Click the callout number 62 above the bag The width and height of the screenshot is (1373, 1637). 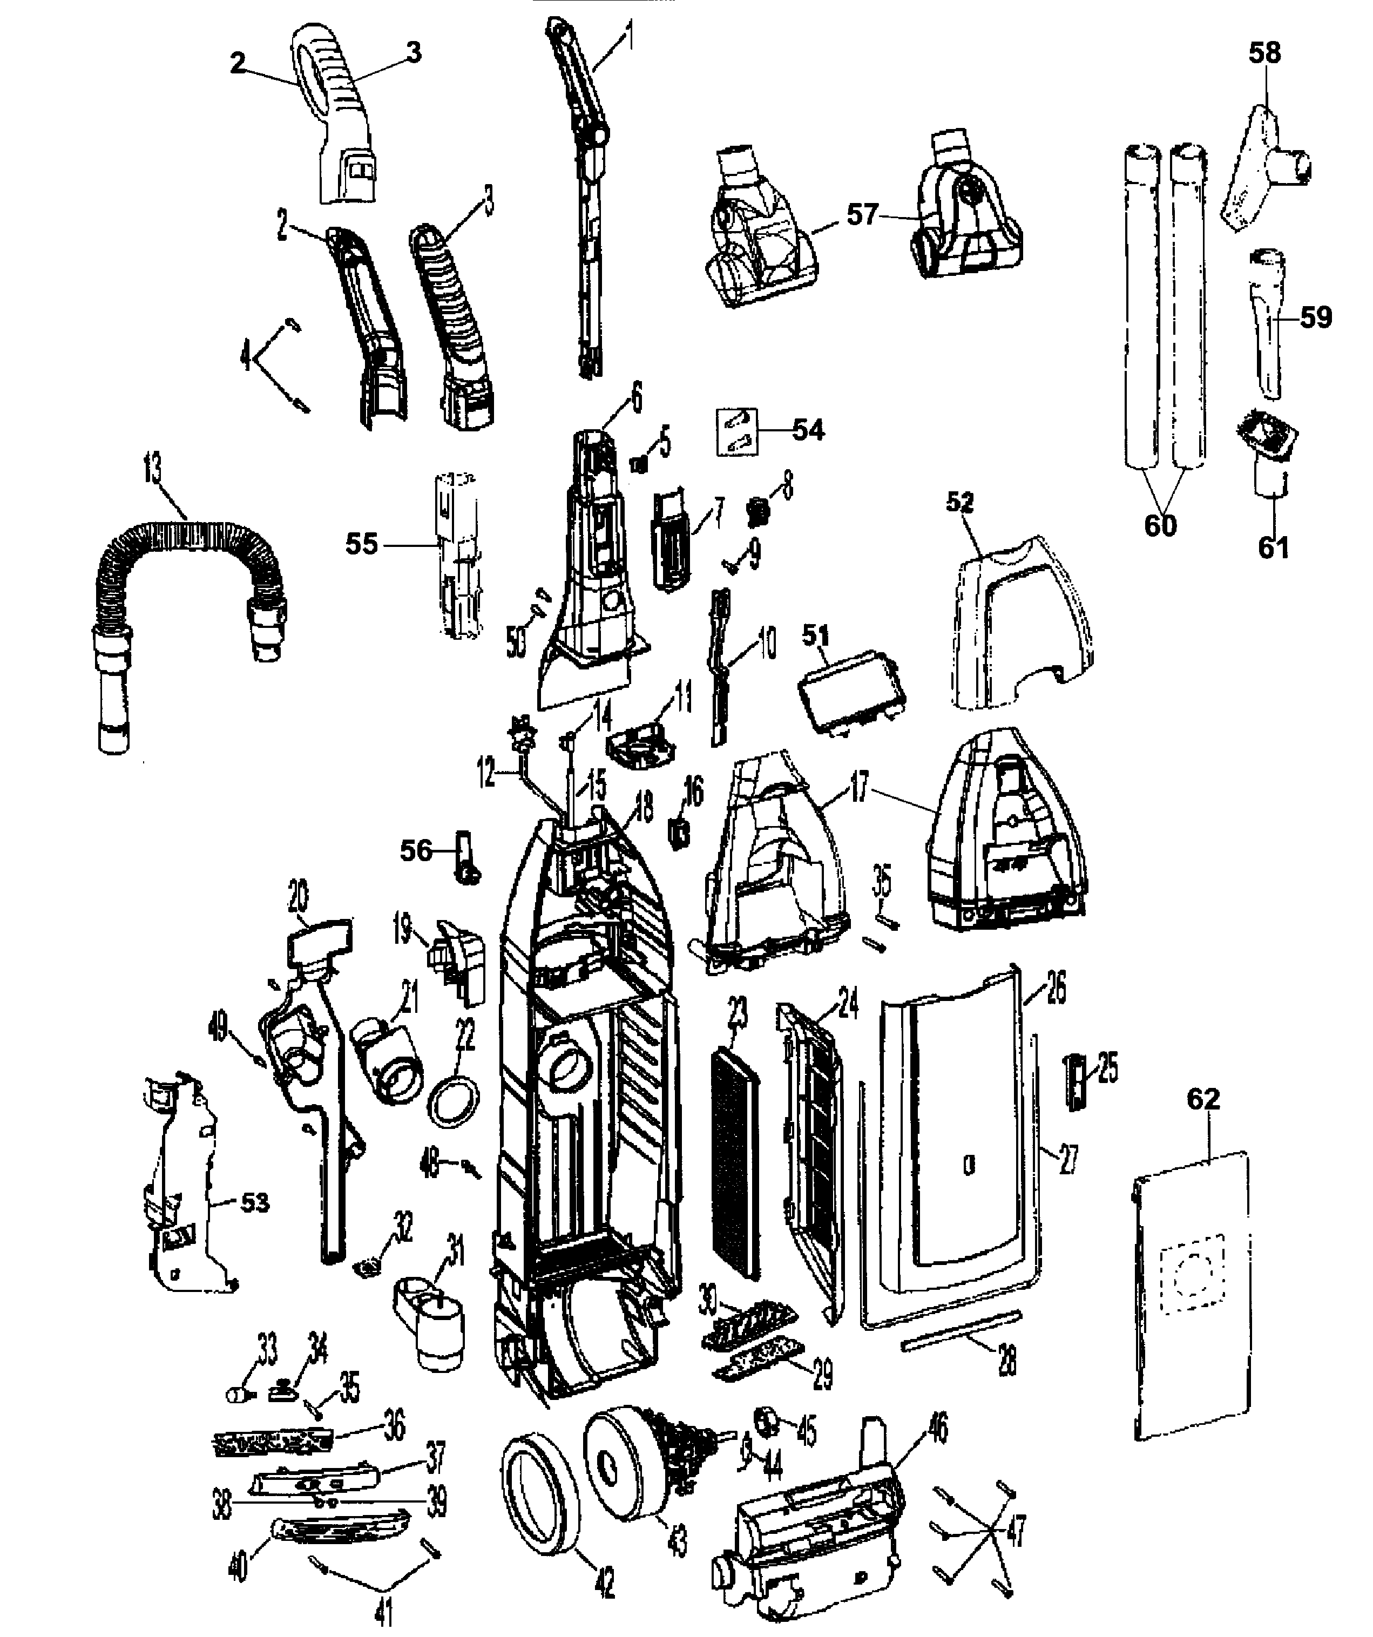coord(1202,1099)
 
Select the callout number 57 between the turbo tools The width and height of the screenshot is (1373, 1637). coord(862,214)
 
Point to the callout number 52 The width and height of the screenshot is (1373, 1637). coord(960,502)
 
